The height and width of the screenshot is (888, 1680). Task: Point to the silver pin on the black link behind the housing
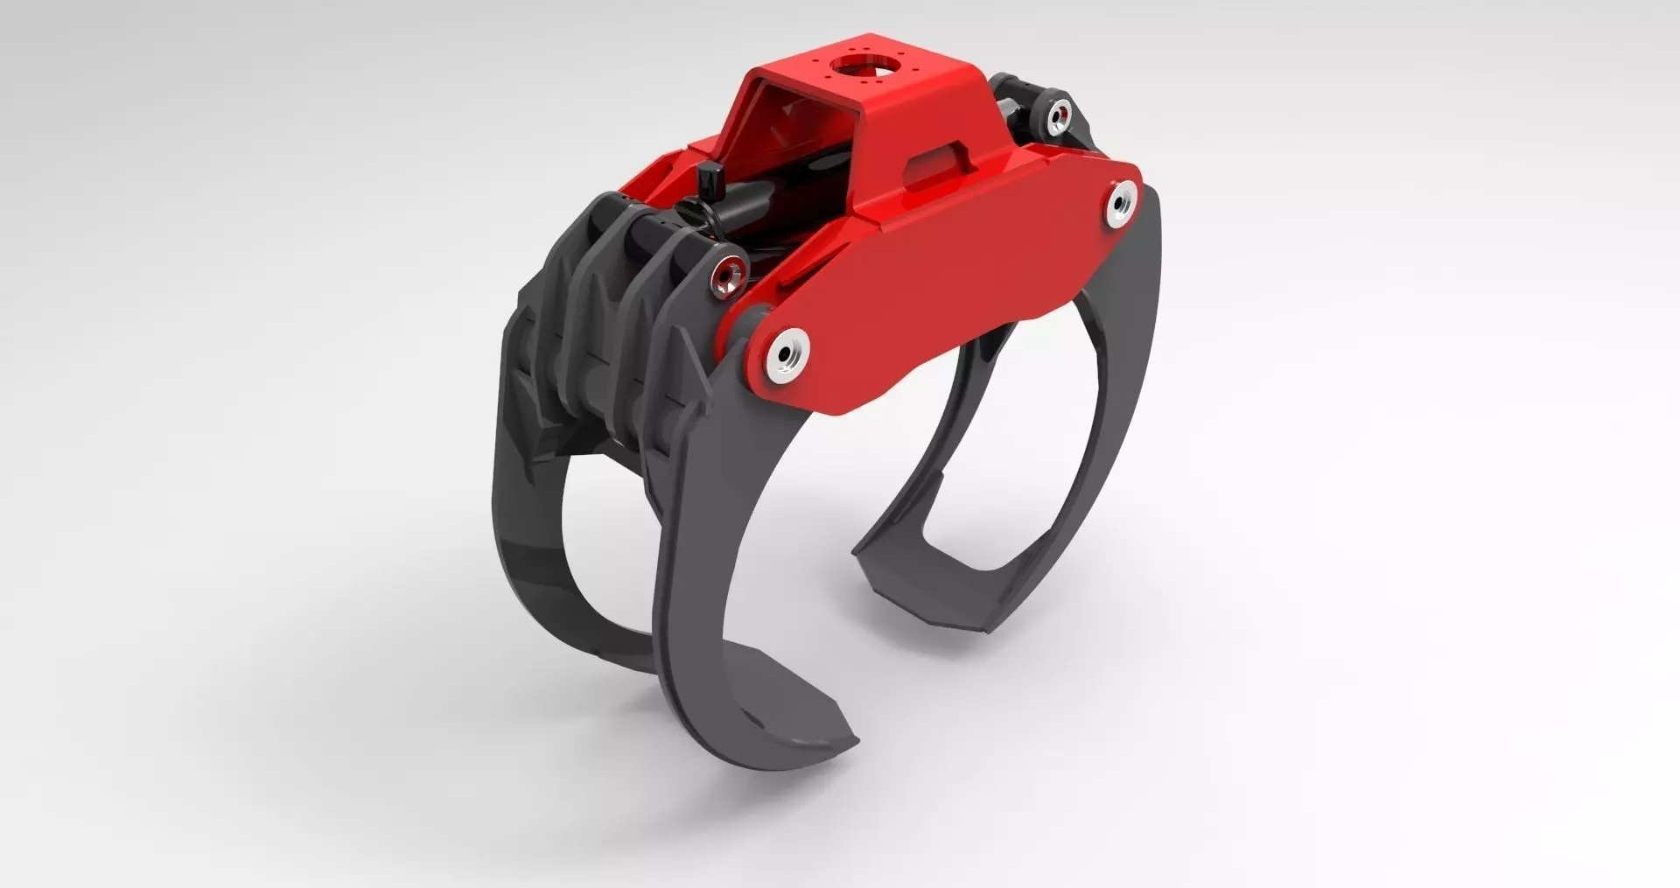1059,112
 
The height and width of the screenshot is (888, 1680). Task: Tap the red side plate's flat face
945,280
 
